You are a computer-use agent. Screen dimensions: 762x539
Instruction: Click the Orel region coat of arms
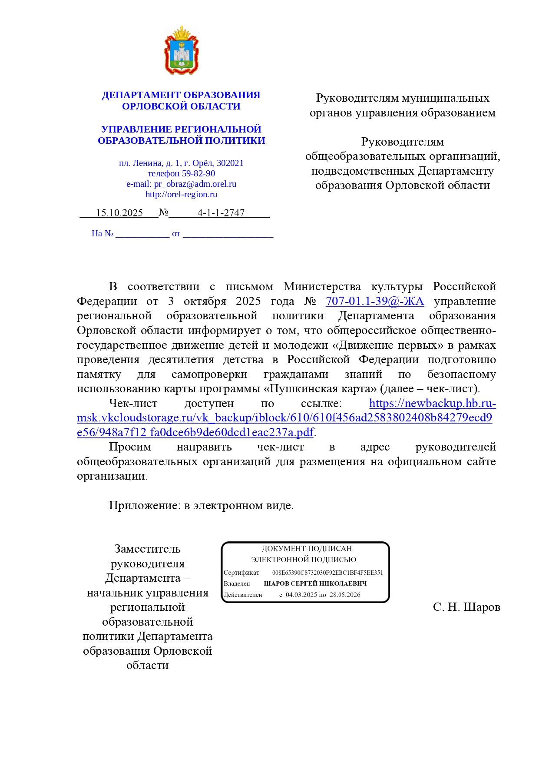point(181,50)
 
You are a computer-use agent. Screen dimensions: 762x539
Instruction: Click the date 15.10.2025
point(119,213)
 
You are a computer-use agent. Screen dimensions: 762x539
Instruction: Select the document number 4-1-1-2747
point(221,213)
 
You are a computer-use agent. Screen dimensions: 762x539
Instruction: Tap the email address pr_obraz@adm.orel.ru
point(195,184)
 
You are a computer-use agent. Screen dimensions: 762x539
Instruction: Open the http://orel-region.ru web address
point(181,194)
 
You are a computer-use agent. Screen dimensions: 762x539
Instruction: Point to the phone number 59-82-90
point(198,173)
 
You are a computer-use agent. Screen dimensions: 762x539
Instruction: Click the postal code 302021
point(230,163)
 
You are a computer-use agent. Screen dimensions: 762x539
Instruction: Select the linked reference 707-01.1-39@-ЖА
point(375,301)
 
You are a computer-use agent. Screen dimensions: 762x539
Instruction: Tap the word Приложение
point(143,505)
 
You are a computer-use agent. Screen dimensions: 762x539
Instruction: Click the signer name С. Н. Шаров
point(466,607)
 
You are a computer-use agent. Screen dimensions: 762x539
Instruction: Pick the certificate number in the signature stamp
point(327,573)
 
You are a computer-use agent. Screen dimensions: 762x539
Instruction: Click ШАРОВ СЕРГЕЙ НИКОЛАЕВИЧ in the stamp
point(315,583)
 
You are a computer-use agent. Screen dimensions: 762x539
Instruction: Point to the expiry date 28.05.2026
point(345,595)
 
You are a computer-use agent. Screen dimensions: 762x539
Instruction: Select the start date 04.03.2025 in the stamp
point(301,595)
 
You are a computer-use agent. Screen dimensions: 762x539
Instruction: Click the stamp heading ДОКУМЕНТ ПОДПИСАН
point(307,549)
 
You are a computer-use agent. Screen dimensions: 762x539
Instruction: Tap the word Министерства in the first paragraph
point(322,287)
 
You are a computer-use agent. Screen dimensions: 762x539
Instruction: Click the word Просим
point(130,447)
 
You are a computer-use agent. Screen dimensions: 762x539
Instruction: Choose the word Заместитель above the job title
point(147,549)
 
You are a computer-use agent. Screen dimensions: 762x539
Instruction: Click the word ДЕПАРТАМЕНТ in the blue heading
point(141,95)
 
